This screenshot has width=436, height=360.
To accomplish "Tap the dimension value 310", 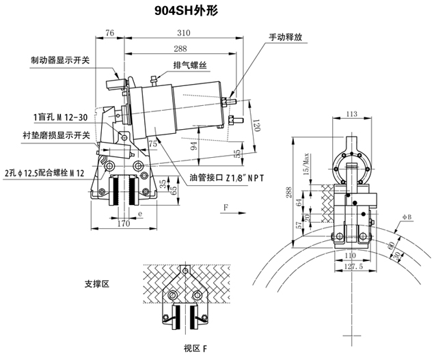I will [x=182, y=33].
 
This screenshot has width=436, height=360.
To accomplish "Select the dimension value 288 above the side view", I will [x=180, y=49].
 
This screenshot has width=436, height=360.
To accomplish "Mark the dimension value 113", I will [x=353, y=114].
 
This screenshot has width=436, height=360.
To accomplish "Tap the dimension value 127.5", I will [x=353, y=267].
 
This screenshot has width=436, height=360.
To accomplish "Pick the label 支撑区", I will [x=96, y=282].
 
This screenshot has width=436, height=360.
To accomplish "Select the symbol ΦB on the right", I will [x=407, y=217].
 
